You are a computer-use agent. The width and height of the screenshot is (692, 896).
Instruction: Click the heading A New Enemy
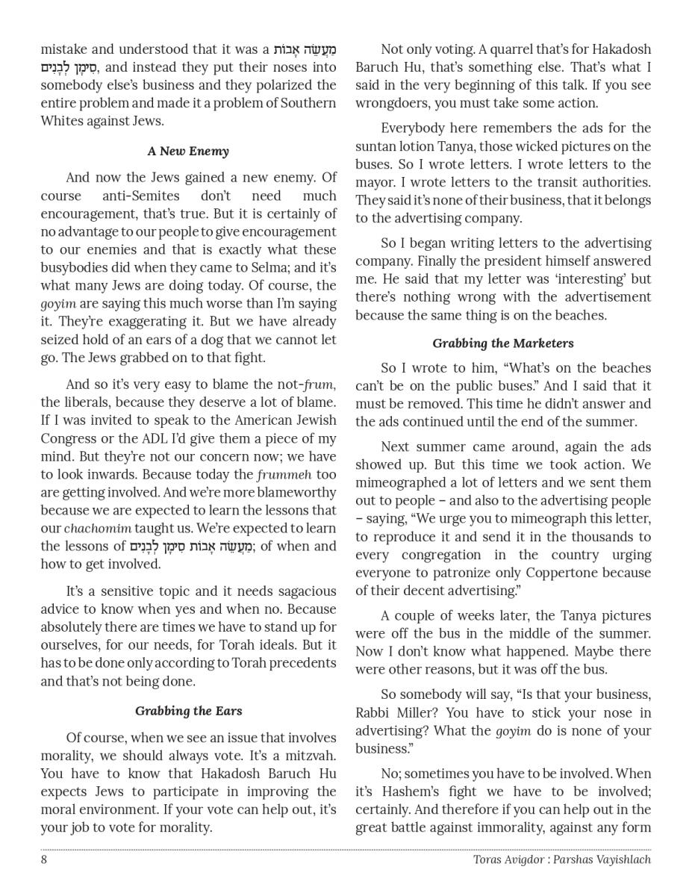tap(188, 152)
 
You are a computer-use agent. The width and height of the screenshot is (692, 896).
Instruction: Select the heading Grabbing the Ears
tap(188, 711)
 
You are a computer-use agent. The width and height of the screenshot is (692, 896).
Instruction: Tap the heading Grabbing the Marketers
tap(502, 343)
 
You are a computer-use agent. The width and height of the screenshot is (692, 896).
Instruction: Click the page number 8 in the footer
tap(44, 859)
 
